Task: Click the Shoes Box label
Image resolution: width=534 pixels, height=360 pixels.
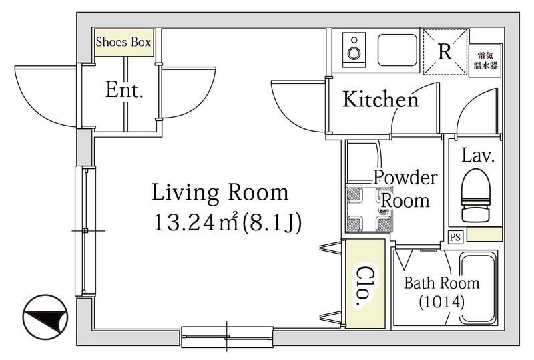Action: point(123,42)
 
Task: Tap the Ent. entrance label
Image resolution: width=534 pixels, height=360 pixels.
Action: point(124,90)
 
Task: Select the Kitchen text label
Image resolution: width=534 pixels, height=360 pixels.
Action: point(380,100)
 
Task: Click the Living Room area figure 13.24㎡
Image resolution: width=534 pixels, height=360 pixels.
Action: point(196,222)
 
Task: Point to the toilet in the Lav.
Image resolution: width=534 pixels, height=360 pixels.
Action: point(475,195)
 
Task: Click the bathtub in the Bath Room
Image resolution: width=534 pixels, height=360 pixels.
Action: point(478,289)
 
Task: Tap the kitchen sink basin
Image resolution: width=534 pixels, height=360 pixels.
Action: point(398,50)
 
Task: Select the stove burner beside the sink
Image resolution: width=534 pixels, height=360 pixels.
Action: point(354,51)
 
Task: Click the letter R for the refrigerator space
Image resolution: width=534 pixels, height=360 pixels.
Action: point(445,52)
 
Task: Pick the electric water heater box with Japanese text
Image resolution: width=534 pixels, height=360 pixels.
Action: point(485,61)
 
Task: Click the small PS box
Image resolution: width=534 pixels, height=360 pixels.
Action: point(455,237)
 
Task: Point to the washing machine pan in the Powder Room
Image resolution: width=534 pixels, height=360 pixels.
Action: point(369,208)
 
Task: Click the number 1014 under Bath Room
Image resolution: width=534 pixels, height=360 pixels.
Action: point(442,302)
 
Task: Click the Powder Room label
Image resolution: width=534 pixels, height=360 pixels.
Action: point(405,188)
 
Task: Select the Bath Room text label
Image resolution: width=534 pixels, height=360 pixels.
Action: point(442,283)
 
